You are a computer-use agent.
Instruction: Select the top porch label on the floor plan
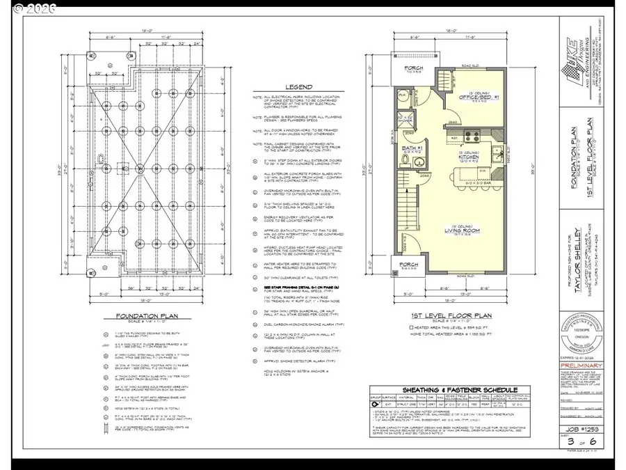[x=413, y=68]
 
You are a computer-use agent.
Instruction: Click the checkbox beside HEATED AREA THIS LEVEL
[x=412, y=327]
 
